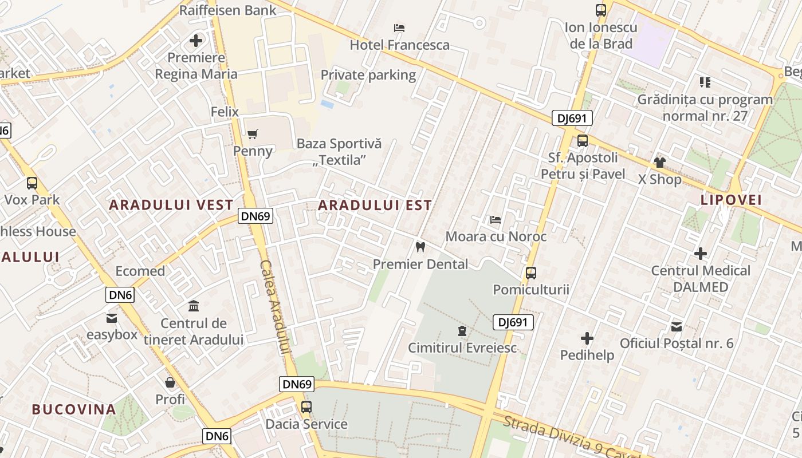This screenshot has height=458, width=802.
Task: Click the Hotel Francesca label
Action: click(x=400, y=45)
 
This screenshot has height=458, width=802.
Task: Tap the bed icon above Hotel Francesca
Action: click(x=400, y=27)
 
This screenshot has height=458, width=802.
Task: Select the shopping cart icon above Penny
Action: click(x=253, y=134)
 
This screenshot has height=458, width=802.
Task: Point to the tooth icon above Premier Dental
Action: click(x=420, y=247)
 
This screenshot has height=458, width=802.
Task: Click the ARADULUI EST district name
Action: click(x=375, y=205)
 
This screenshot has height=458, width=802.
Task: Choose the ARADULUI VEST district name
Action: click(x=171, y=205)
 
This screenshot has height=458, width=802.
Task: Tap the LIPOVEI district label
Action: click(x=732, y=200)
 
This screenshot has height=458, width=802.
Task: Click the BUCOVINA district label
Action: click(x=74, y=409)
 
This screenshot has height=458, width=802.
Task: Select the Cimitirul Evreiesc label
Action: click(x=462, y=348)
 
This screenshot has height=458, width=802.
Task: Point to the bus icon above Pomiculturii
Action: click(x=531, y=273)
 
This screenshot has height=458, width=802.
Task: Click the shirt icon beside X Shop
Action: click(x=660, y=163)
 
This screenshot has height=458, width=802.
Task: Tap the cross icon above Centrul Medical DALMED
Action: click(x=700, y=253)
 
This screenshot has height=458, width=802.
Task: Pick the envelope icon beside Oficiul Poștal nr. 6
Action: click(x=677, y=327)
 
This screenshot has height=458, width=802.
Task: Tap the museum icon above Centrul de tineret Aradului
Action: click(x=194, y=306)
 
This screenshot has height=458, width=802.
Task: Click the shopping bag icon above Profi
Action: click(x=170, y=382)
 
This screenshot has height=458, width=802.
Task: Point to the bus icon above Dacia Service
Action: click(x=306, y=407)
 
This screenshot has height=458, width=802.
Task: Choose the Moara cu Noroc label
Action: click(x=496, y=236)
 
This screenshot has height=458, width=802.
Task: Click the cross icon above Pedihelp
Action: click(x=587, y=338)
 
